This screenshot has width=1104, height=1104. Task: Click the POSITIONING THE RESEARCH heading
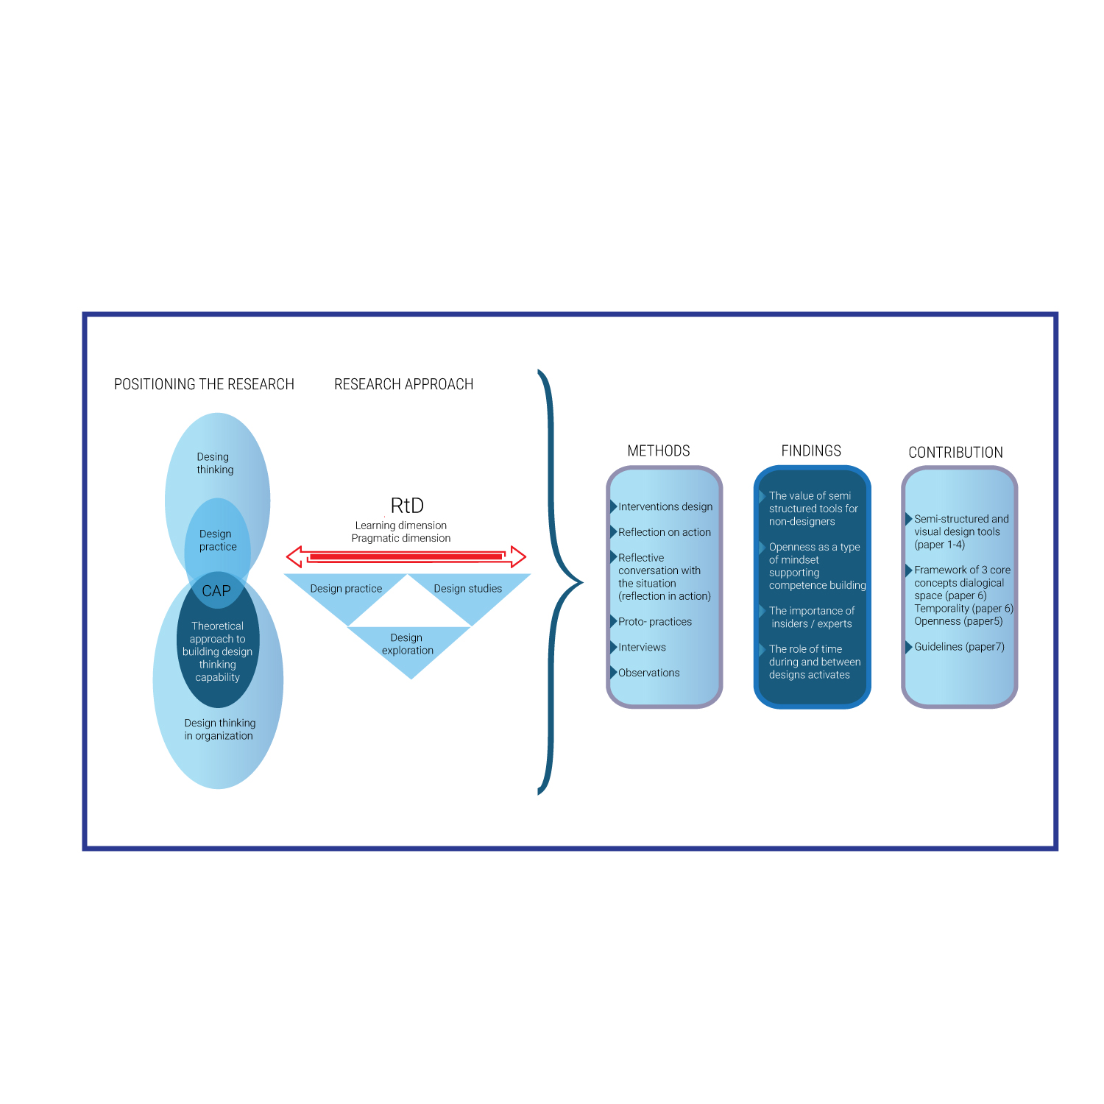(x=204, y=384)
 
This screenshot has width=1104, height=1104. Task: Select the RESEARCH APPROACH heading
(x=403, y=384)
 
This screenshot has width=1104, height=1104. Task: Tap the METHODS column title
(x=659, y=451)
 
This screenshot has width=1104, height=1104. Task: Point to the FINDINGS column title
(x=811, y=451)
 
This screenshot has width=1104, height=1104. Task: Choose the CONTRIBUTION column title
(x=955, y=453)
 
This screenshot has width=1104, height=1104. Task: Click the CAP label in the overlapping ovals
(x=216, y=591)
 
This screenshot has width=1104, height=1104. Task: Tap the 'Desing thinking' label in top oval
(x=215, y=464)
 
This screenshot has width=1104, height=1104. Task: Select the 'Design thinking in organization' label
(x=219, y=729)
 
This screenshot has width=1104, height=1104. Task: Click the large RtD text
(x=407, y=506)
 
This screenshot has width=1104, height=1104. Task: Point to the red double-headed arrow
(x=406, y=557)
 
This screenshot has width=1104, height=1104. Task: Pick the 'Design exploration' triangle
(x=409, y=648)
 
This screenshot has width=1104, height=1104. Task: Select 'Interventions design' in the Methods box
(x=665, y=506)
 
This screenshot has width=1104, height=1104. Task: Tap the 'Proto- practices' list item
(x=655, y=622)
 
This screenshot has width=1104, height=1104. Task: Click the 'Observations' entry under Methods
(x=649, y=673)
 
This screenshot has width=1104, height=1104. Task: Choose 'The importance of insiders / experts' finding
(x=812, y=618)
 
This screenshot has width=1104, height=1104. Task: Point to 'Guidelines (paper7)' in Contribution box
(x=959, y=647)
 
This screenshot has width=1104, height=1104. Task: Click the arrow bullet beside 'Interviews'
(x=613, y=648)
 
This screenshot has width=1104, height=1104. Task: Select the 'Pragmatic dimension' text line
(x=401, y=539)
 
